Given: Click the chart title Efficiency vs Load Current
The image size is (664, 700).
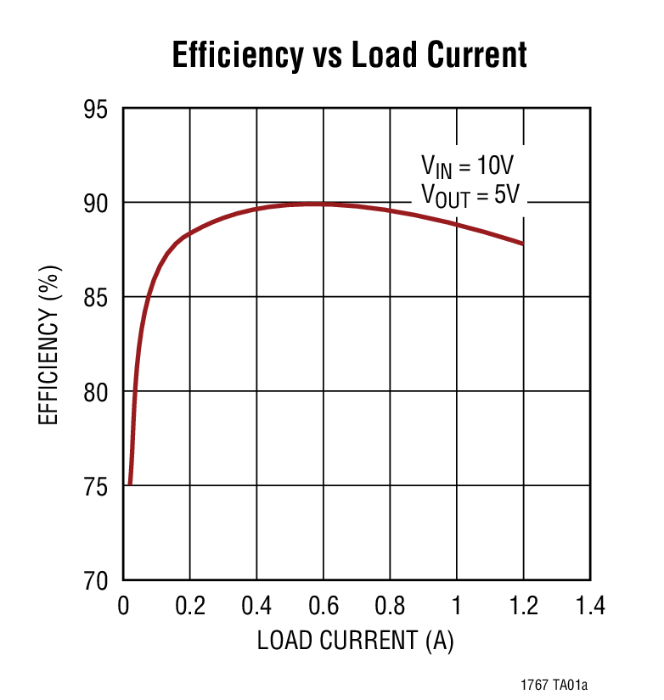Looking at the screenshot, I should pyautogui.click(x=349, y=55).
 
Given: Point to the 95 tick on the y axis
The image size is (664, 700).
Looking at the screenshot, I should pyautogui.click(x=100, y=109).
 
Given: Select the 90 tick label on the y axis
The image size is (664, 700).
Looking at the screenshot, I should pyautogui.click(x=100, y=204).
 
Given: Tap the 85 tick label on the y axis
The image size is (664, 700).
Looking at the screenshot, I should pyautogui.click(x=100, y=298).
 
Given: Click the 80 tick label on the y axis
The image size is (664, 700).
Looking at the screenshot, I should pyautogui.click(x=100, y=392).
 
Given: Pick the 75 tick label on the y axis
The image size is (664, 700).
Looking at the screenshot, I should pyautogui.click(x=100, y=486).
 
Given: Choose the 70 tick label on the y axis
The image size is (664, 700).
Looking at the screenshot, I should pyautogui.click(x=100, y=581).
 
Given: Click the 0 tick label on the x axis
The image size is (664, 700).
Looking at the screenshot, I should pyautogui.click(x=123, y=606).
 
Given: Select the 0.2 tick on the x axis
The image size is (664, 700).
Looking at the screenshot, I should pyautogui.click(x=189, y=606).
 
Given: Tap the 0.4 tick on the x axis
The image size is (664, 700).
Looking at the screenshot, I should pyautogui.click(x=256, y=606).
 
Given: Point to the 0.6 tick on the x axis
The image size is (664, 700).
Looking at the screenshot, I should pyautogui.click(x=324, y=606).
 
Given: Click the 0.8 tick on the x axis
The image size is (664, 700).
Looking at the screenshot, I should pyautogui.click(x=390, y=606).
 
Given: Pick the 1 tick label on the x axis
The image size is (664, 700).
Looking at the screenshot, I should pyautogui.click(x=457, y=606).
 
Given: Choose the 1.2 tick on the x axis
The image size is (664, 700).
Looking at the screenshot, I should pyautogui.click(x=523, y=606).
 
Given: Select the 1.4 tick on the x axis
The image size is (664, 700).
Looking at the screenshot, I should pyautogui.click(x=589, y=606).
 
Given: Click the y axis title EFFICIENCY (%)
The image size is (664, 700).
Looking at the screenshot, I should pyautogui.click(x=50, y=345).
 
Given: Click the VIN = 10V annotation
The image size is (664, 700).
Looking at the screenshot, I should pyautogui.click(x=468, y=165).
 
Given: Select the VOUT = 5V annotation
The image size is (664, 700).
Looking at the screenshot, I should pyautogui.click(x=470, y=194).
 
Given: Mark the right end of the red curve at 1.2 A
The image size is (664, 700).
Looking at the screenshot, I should pyautogui.click(x=523, y=244).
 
